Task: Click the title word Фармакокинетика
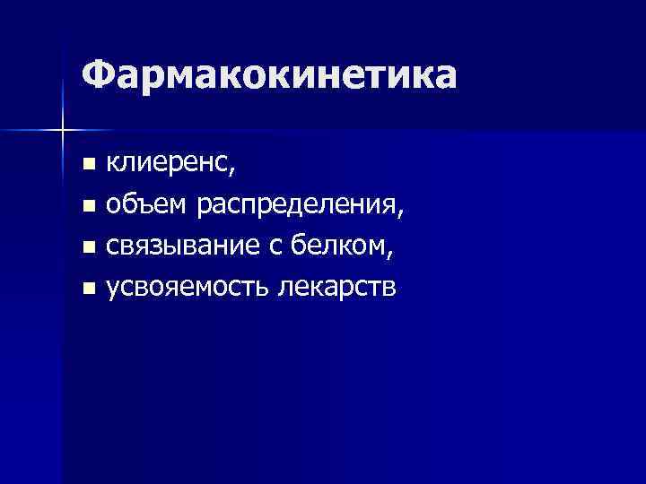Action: point(268,76)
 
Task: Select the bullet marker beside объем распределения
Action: point(87,207)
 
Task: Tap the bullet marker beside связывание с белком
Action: point(87,247)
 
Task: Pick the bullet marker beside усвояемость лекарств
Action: point(87,289)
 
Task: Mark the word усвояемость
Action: point(188,289)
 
